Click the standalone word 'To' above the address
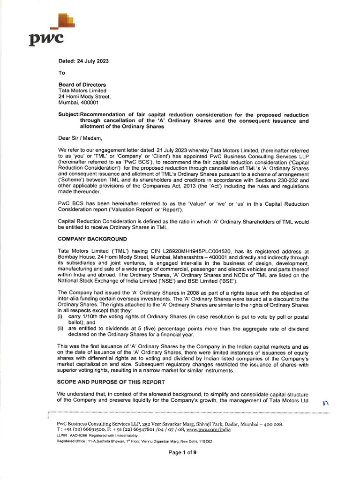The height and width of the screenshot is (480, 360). click(x=61, y=73)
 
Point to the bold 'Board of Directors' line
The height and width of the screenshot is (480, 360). click(x=82, y=85)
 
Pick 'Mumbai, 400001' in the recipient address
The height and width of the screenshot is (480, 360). click(x=78, y=103)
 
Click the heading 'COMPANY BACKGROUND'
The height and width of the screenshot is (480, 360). click(x=92, y=239)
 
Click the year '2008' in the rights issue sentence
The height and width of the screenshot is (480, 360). click(x=168, y=292)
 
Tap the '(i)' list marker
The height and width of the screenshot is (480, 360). click(x=60, y=316)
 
